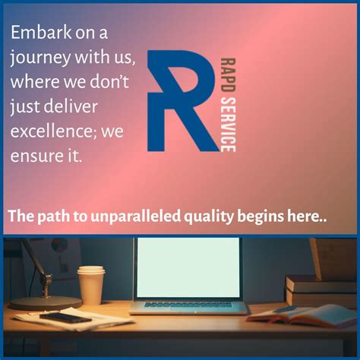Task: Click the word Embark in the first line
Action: click(x=36, y=34)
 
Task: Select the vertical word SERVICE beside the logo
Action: click(x=226, y=122)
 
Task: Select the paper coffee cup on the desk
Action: click(x=91, y=284)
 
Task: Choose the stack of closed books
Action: click(x=319, y=289)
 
